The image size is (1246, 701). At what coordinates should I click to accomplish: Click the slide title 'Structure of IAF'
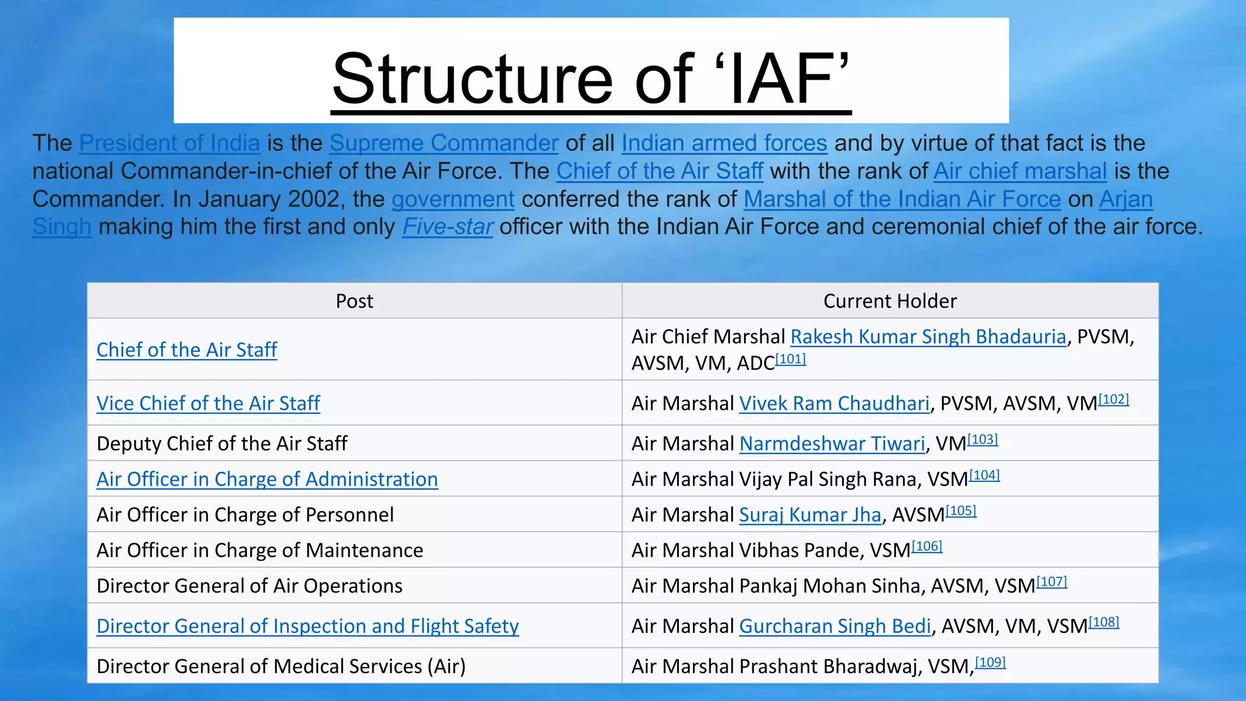click(x=591, y=79)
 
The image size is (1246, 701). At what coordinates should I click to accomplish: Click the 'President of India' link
click(x=170, y=143)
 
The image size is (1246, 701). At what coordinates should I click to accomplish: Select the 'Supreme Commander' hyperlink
click(x=444, y=143)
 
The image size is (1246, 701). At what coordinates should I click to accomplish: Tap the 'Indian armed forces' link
click(x=724, y=143)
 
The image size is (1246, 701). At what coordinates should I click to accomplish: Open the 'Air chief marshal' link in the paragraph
click(x=1020, y=171)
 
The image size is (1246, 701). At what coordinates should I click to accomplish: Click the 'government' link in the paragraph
click(x=453, y=199)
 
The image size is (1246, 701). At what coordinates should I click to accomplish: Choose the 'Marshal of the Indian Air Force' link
click(x=902, y=199)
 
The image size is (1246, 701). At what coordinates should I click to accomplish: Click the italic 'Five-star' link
click(x=447, y=227)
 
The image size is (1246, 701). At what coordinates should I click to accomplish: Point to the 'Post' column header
click(x=355, y=301)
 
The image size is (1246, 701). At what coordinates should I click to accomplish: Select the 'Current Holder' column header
click(x=889, y=301)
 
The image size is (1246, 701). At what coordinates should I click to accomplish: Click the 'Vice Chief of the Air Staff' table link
click(x=208, y=403)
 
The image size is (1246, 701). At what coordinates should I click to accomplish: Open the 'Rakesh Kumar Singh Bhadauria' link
click(x=928, y=337)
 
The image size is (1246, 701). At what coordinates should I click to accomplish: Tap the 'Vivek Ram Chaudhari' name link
click(x=834, y=403)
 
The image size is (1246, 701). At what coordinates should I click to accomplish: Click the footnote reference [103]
click(x=983, y=439)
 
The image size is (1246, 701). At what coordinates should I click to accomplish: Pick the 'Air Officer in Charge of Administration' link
click(x=267, y=480)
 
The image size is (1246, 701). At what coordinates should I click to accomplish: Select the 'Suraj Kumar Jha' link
click(x=810, y=515)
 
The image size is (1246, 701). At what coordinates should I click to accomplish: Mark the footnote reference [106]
click(x=927, y=546)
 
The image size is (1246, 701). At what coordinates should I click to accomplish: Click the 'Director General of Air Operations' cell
click(x=249, y=586)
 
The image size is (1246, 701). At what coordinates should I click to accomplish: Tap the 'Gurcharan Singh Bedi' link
click(x=835, y=626)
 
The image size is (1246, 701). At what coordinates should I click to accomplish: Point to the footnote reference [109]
click(x=990, y=662)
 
